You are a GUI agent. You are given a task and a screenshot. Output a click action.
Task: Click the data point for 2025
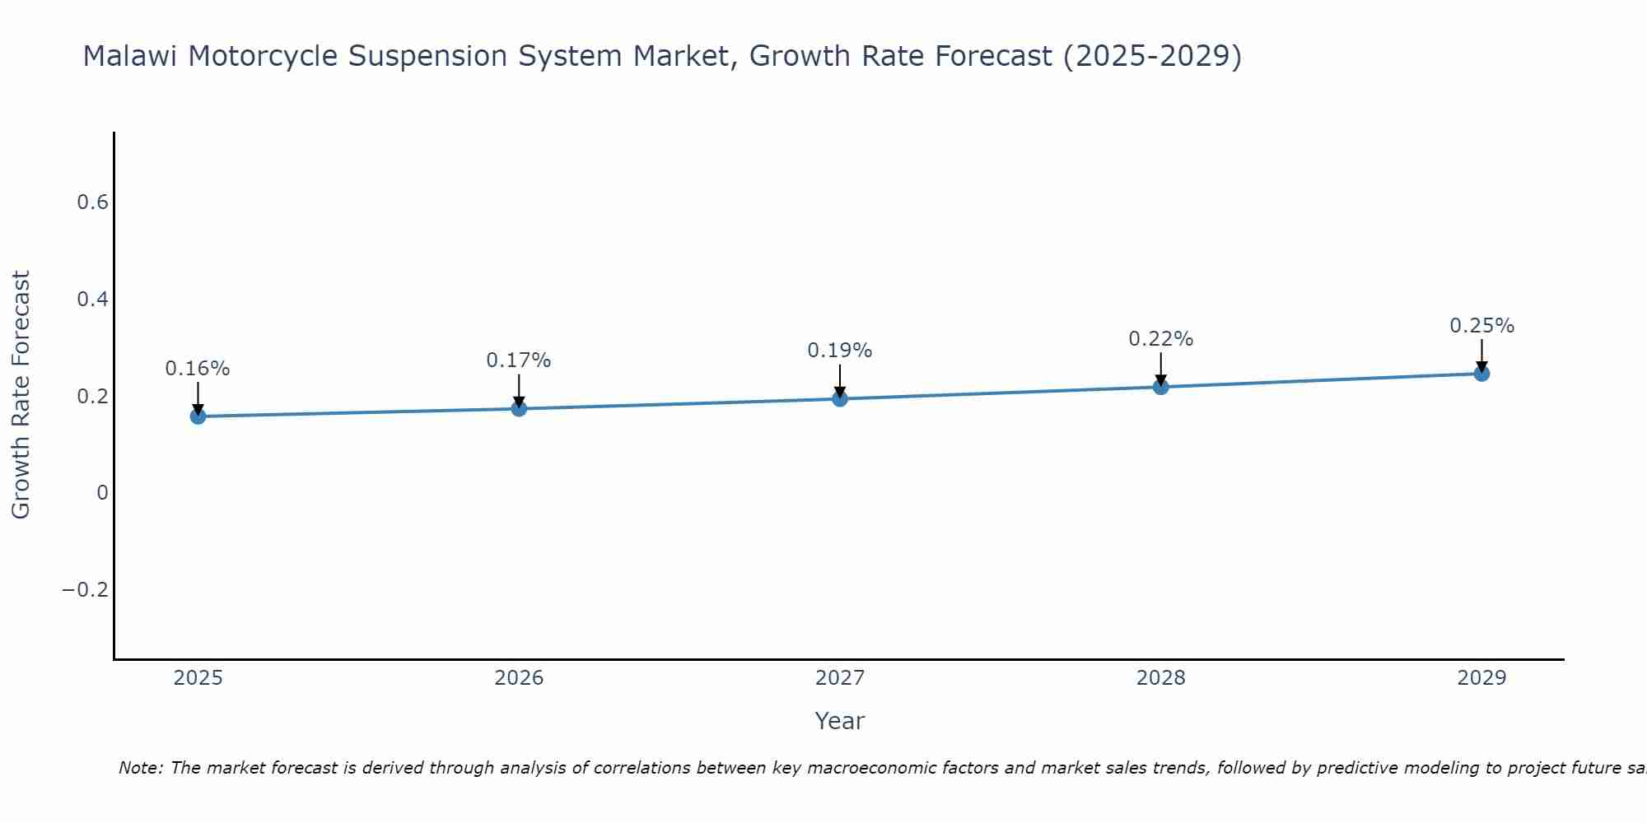[198, 416]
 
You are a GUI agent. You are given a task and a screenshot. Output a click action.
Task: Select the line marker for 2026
[519, 408]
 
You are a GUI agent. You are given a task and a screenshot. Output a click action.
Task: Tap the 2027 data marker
[840, 399]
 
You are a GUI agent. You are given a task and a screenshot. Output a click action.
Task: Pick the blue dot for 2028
[1161, 387]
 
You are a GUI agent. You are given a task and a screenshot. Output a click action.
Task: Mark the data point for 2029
[1481, 374]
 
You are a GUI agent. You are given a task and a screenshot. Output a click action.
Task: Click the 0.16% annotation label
[198, 369]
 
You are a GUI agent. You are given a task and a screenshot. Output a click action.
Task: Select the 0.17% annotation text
[519, 360]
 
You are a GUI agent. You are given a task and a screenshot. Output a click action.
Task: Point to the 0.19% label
[840, 351]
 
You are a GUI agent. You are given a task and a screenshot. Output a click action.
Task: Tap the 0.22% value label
[1161, 339]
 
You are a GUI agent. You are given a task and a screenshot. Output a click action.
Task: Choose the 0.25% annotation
[1481, 326]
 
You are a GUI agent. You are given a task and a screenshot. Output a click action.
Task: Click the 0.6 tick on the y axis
[92, 202]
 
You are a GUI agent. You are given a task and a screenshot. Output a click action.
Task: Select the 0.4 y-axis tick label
[92, 300]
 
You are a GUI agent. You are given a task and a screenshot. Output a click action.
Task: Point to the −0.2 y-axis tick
[85, 590]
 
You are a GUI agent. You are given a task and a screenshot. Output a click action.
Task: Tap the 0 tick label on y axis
[102, 493]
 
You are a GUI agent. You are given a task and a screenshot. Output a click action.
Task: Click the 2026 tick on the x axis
[519, 678]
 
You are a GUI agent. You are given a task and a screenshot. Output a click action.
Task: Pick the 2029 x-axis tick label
[1481, 678]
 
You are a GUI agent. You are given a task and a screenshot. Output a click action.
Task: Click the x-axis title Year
[839, 721]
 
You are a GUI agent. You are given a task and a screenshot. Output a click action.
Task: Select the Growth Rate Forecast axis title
[21, 395]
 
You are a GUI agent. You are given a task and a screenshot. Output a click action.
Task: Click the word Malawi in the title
[132, 57]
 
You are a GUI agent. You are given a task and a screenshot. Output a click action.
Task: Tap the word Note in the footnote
[141, 769]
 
